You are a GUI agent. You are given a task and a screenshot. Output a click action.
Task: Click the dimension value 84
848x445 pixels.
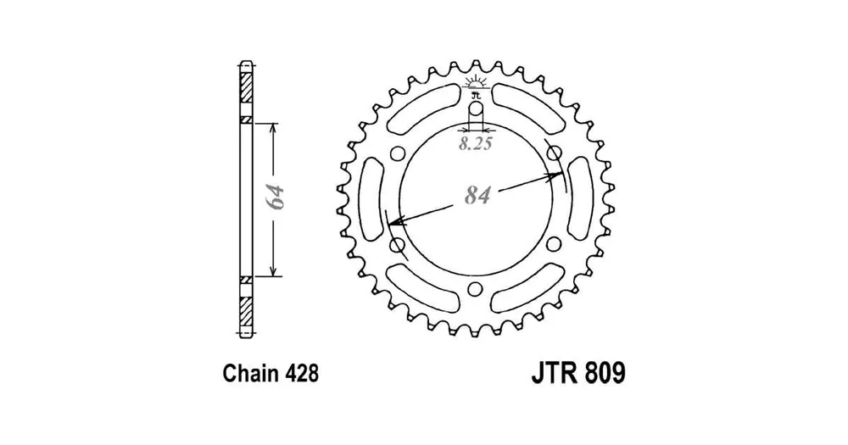(x=477, y=196)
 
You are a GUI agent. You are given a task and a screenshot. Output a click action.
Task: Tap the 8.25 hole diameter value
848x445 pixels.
(x=476, y=144)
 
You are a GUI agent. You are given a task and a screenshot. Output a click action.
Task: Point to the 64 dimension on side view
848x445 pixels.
(x=275, y=197)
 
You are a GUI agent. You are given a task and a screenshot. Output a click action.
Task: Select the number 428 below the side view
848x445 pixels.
(x=299, y=374)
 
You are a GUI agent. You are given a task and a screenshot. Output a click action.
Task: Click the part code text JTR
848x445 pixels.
(x=553, y=373)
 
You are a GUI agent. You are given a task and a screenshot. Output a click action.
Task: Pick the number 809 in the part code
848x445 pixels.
(x=604, y=373)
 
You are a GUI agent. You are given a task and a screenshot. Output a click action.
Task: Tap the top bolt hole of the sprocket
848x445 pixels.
(x=475, y=109)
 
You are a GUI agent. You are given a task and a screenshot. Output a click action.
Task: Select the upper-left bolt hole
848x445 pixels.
(x=397, y=154)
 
